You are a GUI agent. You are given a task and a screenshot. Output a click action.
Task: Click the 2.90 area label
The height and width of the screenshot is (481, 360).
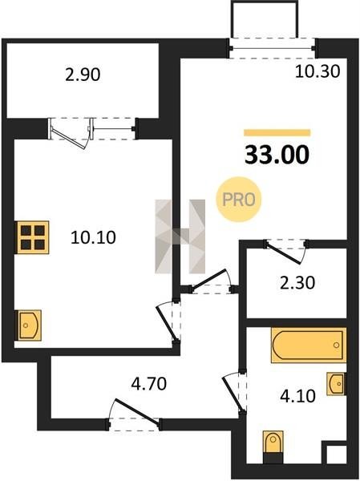83,75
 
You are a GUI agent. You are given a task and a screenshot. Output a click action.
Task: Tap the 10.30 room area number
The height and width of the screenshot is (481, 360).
318,71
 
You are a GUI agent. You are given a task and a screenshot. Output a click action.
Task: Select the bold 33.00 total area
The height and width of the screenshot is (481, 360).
277,154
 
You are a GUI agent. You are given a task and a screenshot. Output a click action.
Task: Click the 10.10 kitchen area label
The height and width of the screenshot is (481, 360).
93,237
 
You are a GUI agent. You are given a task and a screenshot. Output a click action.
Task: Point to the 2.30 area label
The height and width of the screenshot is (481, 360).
297,283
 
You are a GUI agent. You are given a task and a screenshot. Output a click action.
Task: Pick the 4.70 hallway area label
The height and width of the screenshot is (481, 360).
149,383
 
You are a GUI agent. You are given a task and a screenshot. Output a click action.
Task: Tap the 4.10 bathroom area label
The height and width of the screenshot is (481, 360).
297,396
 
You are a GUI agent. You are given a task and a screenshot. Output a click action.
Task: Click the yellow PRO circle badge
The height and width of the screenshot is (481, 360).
238,200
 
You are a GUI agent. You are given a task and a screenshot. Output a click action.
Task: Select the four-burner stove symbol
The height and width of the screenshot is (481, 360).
33,237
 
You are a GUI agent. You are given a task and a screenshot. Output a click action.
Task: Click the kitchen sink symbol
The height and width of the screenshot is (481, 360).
29,325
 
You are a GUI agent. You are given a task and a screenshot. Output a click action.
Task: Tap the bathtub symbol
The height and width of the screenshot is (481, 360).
309,345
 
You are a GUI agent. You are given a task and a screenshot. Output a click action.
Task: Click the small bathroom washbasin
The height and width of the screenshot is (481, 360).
337,384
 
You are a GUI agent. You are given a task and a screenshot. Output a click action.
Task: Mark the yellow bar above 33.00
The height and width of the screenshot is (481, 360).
277,132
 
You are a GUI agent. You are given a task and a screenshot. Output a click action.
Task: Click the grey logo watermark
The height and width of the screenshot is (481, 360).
180,236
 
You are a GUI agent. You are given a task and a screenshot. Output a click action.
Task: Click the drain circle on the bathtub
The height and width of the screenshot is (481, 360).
337,345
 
